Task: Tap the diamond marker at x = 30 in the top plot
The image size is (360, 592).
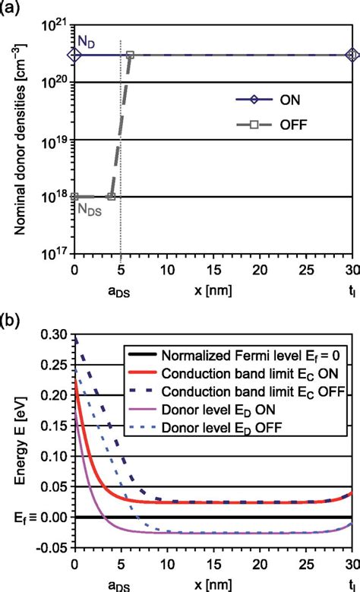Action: pos(352,55)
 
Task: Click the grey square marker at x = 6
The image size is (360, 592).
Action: pos(130,55)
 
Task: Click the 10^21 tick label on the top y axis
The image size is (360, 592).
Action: pos(52,24)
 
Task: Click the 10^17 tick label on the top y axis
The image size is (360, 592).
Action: pos(52,253)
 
